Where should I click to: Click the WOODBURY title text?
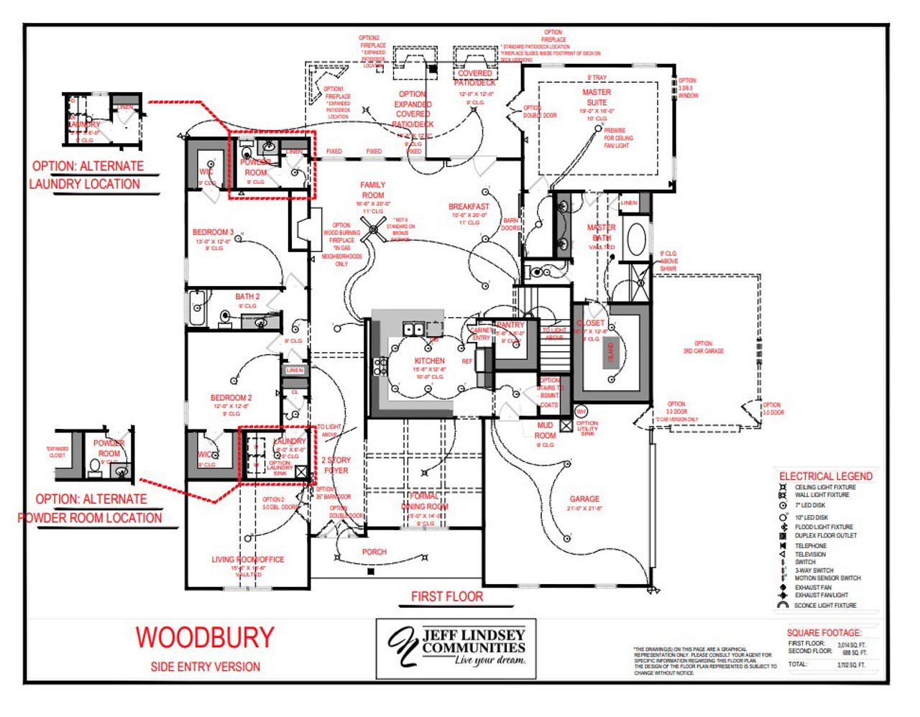coord(205,637)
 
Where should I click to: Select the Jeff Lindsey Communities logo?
coord(456,648)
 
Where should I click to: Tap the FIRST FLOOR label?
coord(446,596)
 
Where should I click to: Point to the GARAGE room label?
coord(584,499)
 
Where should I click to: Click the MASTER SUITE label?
coord(597,97)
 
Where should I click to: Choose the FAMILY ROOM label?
coord(372,190)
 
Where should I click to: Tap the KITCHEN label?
coord(429,361)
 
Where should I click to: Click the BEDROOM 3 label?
coord(213,232)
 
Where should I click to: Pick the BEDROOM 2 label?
coord(231,397)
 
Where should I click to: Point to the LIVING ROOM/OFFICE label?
coord(247,559)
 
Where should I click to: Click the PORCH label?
coord(374,552)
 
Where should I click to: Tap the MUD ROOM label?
coord(545,430)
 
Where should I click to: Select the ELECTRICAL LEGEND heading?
coord(825,476)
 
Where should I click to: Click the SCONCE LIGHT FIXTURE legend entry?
coord(824,606)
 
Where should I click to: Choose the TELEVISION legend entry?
coord(809,555)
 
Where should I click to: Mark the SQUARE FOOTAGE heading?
coord(824,633)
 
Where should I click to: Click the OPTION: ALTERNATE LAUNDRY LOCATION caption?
coord(86,175)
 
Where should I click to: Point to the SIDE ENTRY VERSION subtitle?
coord(205,667)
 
